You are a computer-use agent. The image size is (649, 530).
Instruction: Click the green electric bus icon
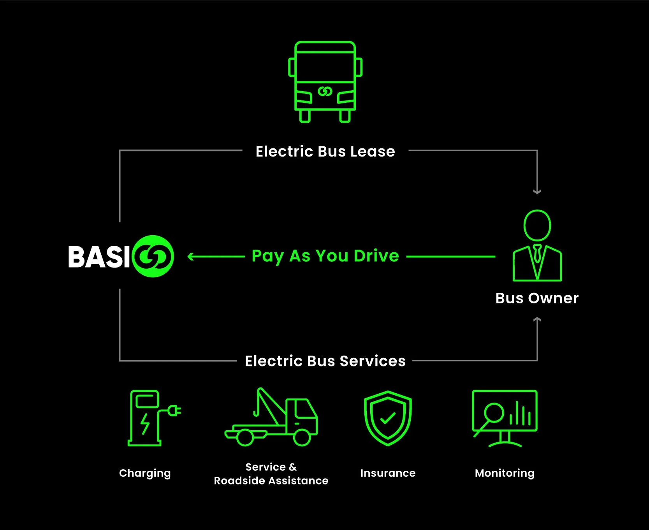point(325,82)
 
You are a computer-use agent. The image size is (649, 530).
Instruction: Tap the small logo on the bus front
point(325,92)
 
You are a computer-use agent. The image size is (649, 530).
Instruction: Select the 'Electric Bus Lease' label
point(325,151)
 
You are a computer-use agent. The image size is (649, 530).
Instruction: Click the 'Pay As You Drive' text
point(325,256)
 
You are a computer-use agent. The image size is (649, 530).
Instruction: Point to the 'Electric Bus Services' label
point(325,361)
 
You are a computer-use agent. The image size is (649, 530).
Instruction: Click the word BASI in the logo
point(99,257)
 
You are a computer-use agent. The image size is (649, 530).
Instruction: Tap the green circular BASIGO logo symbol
point(153,256)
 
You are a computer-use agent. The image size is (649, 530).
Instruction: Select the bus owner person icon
point(537,245)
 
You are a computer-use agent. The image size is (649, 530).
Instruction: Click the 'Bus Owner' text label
point(537,298)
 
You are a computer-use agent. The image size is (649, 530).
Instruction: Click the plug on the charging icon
point(174,410)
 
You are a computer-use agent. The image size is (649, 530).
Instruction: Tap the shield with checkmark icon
point(388,418)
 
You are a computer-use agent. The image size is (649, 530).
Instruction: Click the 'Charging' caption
point(145,473)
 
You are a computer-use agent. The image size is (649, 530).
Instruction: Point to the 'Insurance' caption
point(388,473)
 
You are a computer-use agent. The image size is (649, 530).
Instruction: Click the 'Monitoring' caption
point(505,473)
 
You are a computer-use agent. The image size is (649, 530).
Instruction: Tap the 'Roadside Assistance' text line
point(271,481)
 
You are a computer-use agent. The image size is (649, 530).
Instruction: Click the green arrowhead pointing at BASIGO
point(191,257)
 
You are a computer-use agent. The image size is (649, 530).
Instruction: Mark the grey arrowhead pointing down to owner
point(537,191)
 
